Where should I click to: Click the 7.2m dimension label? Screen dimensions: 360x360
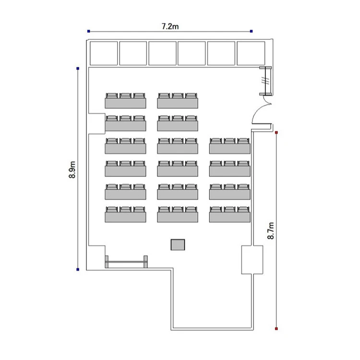click(170, 26)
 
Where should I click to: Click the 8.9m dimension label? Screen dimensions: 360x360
click(72, 169)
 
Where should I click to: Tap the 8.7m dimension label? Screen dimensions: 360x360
click(271, 230)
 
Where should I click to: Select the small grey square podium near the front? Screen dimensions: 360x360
click(178, 244)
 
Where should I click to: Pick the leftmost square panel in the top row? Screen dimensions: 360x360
click(104, 53)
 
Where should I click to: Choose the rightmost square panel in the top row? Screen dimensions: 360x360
click(251, 53)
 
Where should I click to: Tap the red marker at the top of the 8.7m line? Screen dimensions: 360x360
click(276, 132)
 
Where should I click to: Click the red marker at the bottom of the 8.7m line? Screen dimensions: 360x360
click(276, 329)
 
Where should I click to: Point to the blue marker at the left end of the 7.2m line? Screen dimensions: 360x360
click(89, 31)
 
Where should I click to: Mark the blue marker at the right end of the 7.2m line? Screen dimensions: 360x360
click(252, 31)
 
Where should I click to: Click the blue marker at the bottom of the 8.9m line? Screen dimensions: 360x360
click(78, 269)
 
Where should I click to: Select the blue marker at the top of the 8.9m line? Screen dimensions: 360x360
click(78, 69)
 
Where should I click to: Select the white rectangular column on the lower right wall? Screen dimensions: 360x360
click(252, 260)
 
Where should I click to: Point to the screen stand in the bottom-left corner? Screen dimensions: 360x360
click(126, 262)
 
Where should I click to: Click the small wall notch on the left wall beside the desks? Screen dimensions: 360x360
click(96, 123)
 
